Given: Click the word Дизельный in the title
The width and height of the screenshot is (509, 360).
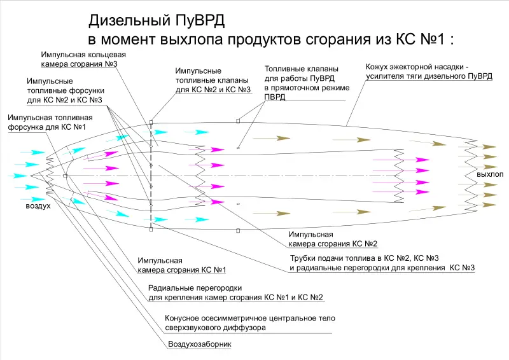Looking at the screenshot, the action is [129, 21].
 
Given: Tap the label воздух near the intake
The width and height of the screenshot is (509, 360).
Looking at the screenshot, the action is [38, 206].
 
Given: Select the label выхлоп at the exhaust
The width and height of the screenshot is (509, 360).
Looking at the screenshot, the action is [490, 174].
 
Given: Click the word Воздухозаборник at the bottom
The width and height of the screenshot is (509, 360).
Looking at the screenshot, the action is [200, 344].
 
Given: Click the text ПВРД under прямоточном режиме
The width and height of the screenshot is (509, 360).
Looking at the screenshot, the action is [275, 97].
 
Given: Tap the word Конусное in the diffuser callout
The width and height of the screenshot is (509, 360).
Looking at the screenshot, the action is [181, 318].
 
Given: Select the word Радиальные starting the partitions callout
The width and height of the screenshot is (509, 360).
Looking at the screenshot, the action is [169, 288].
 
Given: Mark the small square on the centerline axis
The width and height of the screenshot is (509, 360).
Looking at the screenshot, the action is [65, 176].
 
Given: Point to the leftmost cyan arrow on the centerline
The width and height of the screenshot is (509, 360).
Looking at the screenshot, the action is [18, 176].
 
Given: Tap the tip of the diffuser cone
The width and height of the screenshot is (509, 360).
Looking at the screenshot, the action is [31, 176].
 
